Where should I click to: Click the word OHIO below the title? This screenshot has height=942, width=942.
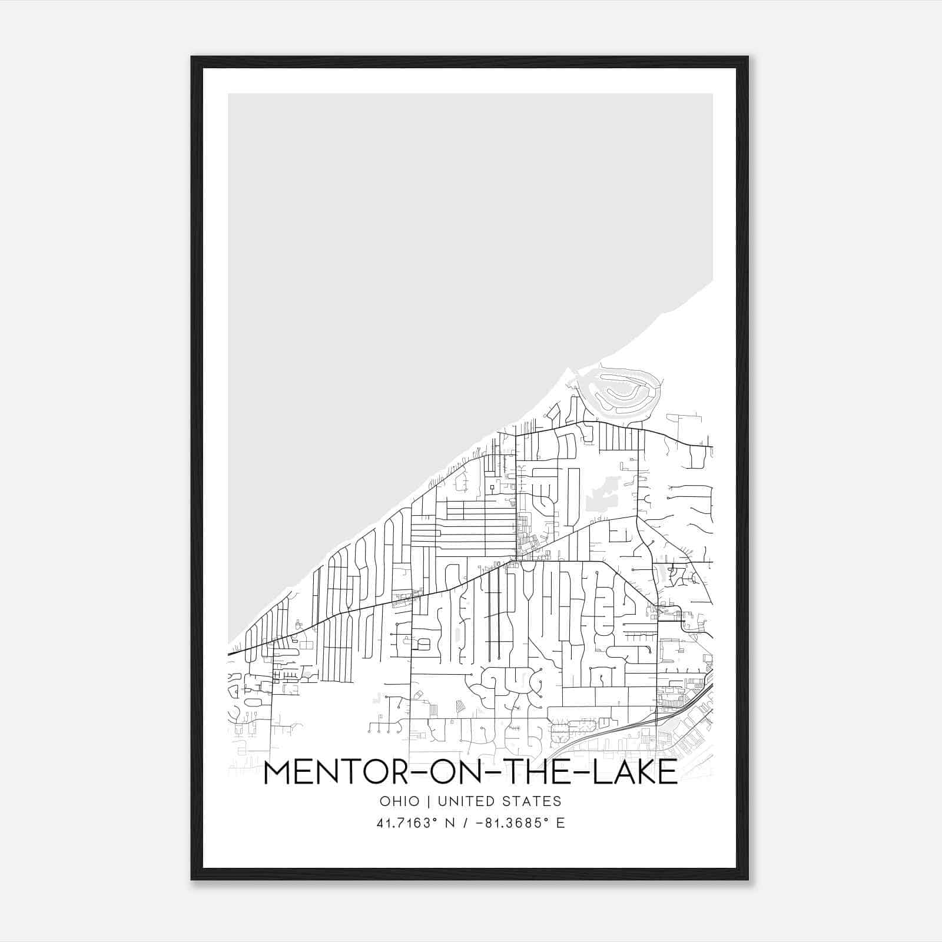[400, 801]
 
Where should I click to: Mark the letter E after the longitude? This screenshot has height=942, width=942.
[560, 823]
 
